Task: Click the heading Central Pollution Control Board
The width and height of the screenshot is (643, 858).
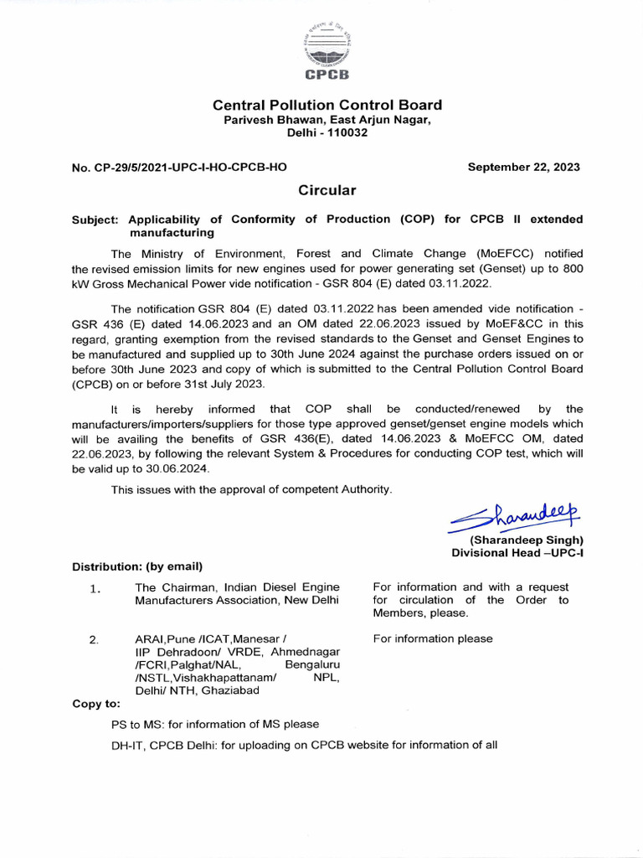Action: tap(327, 106)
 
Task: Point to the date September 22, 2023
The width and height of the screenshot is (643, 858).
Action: tap(523, 167)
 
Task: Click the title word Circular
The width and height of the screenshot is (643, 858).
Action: tap(327, 191)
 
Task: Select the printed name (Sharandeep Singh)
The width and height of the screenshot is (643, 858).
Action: tap(527, 540)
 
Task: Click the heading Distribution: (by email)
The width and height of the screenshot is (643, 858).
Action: tap(137, 566)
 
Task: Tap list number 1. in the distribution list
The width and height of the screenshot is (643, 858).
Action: tap(95, 588)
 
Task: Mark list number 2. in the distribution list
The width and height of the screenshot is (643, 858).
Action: tap(95, 639)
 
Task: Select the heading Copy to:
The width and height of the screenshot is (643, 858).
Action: tap(96, 704)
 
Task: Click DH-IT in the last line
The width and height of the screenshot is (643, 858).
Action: tap(127, 745)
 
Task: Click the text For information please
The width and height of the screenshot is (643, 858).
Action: tap(433, 639)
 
